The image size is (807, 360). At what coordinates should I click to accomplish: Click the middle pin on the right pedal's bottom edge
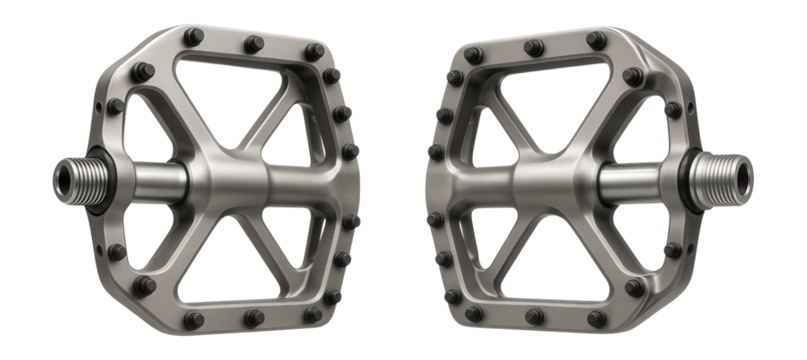point(534,318)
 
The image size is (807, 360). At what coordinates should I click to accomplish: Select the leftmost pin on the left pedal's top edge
point(192,37)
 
